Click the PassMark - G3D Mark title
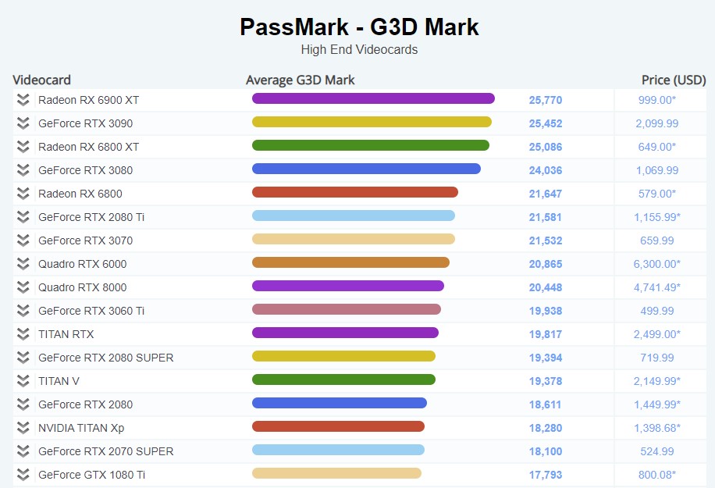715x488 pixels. (359, 27)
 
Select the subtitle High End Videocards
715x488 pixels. (359, 50)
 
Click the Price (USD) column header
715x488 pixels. (674, 80)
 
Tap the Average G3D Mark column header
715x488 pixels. (301, 80)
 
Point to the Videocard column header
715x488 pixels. (42, 80)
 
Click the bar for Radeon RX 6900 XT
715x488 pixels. (373, 98)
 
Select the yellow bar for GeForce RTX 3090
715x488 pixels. (372, 122)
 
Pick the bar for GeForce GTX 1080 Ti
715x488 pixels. (336, 473)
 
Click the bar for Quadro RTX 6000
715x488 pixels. (350, 262)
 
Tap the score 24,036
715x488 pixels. (546, 170)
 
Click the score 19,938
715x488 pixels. (546, 311)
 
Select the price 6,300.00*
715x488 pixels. (656, 264)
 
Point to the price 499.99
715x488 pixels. (657, 311)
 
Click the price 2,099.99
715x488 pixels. (656, 123)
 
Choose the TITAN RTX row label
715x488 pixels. (66, 334)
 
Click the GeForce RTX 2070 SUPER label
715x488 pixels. (105, 451)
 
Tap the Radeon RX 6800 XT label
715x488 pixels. (88, 147)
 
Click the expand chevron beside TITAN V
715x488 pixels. (23, 381)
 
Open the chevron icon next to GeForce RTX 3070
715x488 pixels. (23, 240)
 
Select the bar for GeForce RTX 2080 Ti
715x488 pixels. (354, 216)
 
